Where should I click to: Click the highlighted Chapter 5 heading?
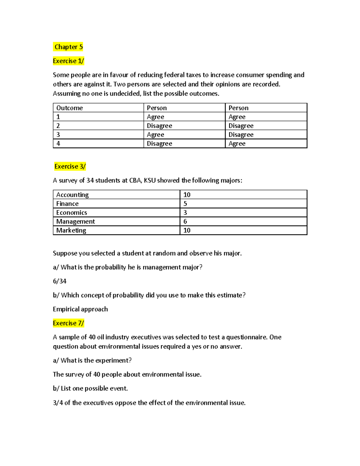click(x=68, y=47)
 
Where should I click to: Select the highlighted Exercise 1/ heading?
click(x=68, y=61)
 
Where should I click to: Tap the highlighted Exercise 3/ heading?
click(x=70, y=166)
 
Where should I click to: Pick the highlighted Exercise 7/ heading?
click(x=68, y=323)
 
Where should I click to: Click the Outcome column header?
click(x=70, y=108)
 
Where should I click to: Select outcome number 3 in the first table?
click(x=58, y=134)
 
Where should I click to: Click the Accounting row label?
click(x=72, y=195)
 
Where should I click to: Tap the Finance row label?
click(x=67, y=204)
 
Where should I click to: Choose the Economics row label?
click(x=72, y=212)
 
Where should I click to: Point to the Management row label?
click(x=76, y=221)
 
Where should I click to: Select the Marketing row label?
click(x=71, y=230)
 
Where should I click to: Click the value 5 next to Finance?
click(x=185, y=204)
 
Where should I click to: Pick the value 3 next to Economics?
click(x=185, y=212)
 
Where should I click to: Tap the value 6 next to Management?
click(x=185, y=221)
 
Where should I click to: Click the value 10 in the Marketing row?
click(x=187, y=230)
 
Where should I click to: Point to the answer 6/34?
click(x=60, y=281)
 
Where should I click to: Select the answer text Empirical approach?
click(x=80, y=309)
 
